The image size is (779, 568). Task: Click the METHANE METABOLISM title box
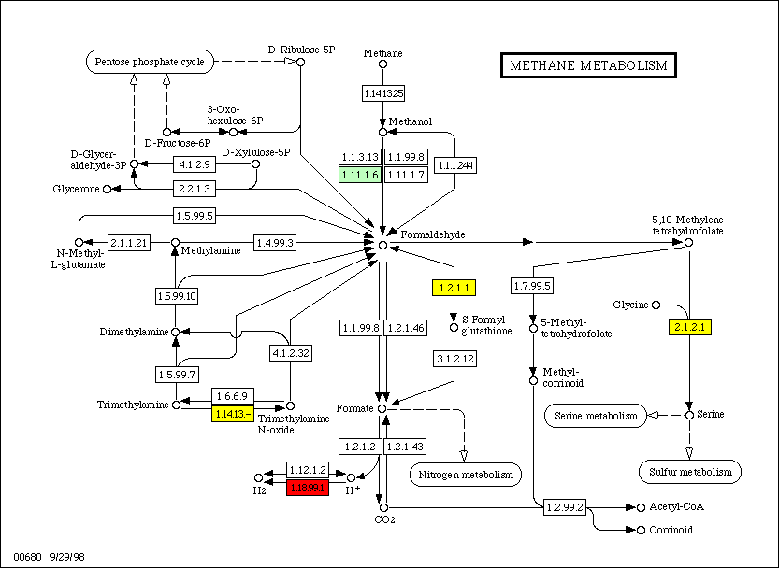click(588, 65)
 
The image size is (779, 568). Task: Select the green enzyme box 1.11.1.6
click(359, 175)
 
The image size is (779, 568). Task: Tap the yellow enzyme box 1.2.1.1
click(453, 288)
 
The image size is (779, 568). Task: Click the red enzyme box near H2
click(309, 487)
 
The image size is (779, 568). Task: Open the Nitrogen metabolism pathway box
click(464, 475)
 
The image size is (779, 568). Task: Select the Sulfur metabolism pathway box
click(691, 473)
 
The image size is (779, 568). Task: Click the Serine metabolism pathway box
click(596, 416)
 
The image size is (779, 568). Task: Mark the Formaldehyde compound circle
click(382, 244)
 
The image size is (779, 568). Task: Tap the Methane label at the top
click(382, 53)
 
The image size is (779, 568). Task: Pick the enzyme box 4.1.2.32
click(291, 354)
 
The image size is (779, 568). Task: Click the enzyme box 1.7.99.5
click(532, 285)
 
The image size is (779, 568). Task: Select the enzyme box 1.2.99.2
click(564, 507)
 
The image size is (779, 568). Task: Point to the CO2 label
click(382, 519)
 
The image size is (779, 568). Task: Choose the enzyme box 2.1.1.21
click(129, 243)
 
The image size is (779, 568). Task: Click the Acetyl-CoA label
click(669, 507)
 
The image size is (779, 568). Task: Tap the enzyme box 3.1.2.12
click(454, 358)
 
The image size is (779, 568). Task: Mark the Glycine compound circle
click(656, 305)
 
